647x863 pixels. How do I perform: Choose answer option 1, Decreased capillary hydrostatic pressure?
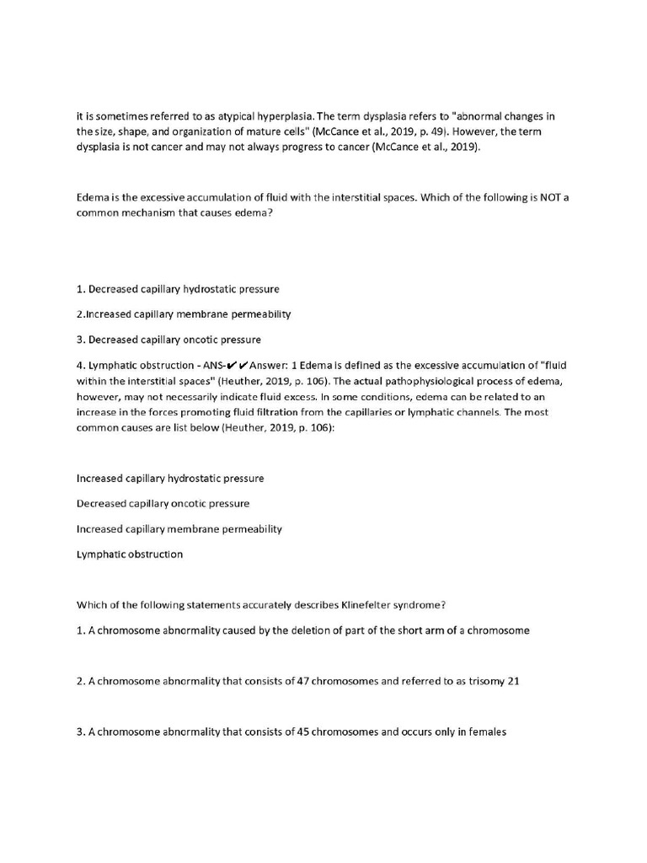(178, 288)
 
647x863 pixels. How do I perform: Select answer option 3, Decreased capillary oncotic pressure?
(168, 339)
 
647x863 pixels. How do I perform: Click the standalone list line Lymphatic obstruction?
(129, 554)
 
